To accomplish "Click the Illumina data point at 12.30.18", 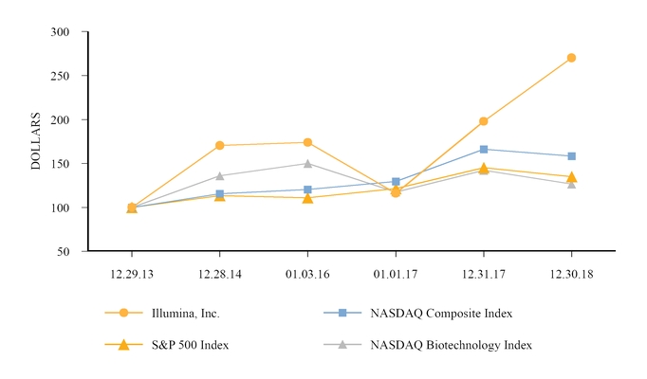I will [x=571, y=58].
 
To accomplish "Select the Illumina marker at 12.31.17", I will [x=484, y=121].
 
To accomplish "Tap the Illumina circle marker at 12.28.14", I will [x=220, y=146].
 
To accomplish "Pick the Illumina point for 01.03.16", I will [x=307, y=142].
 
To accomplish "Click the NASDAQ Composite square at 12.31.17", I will [x=484, y=149].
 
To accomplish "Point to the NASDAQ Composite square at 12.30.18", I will [x=571, y=156].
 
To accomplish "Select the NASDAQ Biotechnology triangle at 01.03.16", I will [x=307, y=163].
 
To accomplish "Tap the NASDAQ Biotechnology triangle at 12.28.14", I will [x=220, y=175].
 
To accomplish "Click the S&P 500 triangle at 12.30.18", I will [x=571, y=177].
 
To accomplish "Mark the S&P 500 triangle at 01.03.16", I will [x=307, y=198].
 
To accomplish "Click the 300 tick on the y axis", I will [x=61, y=31].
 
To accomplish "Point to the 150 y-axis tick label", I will [x=61, y=164].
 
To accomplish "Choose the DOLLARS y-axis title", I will [x=36, y=141].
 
